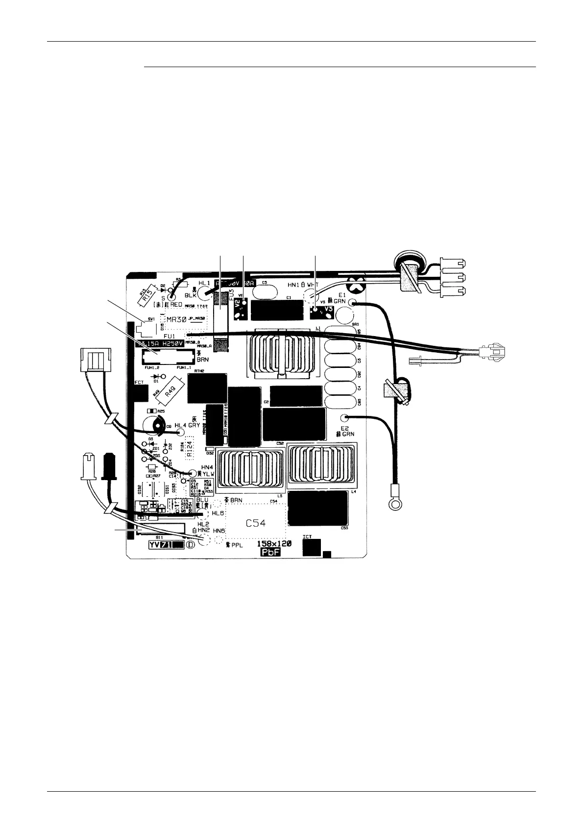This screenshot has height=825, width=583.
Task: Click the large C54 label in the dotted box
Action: click(255, 523)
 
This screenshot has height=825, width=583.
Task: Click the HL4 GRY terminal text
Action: click(187, 425)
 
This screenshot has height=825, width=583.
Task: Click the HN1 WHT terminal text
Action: click(303, 285)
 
